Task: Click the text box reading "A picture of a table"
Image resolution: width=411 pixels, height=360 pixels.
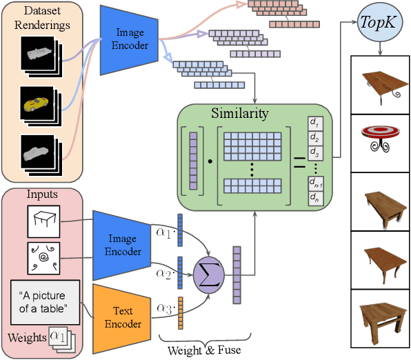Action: click(x=46, y=302)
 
